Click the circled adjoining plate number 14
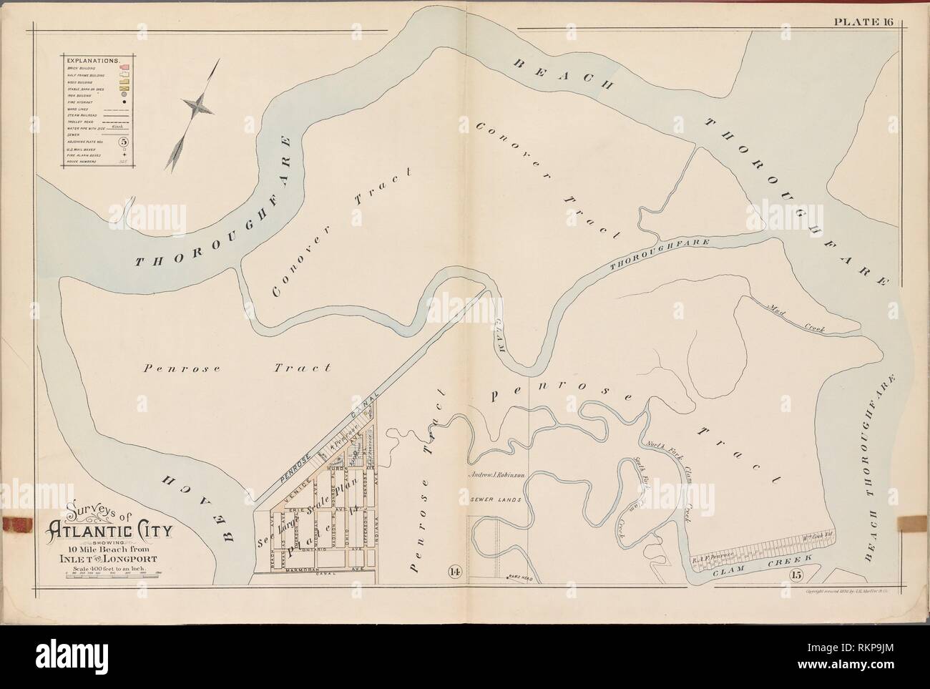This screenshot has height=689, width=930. point(454,570)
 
